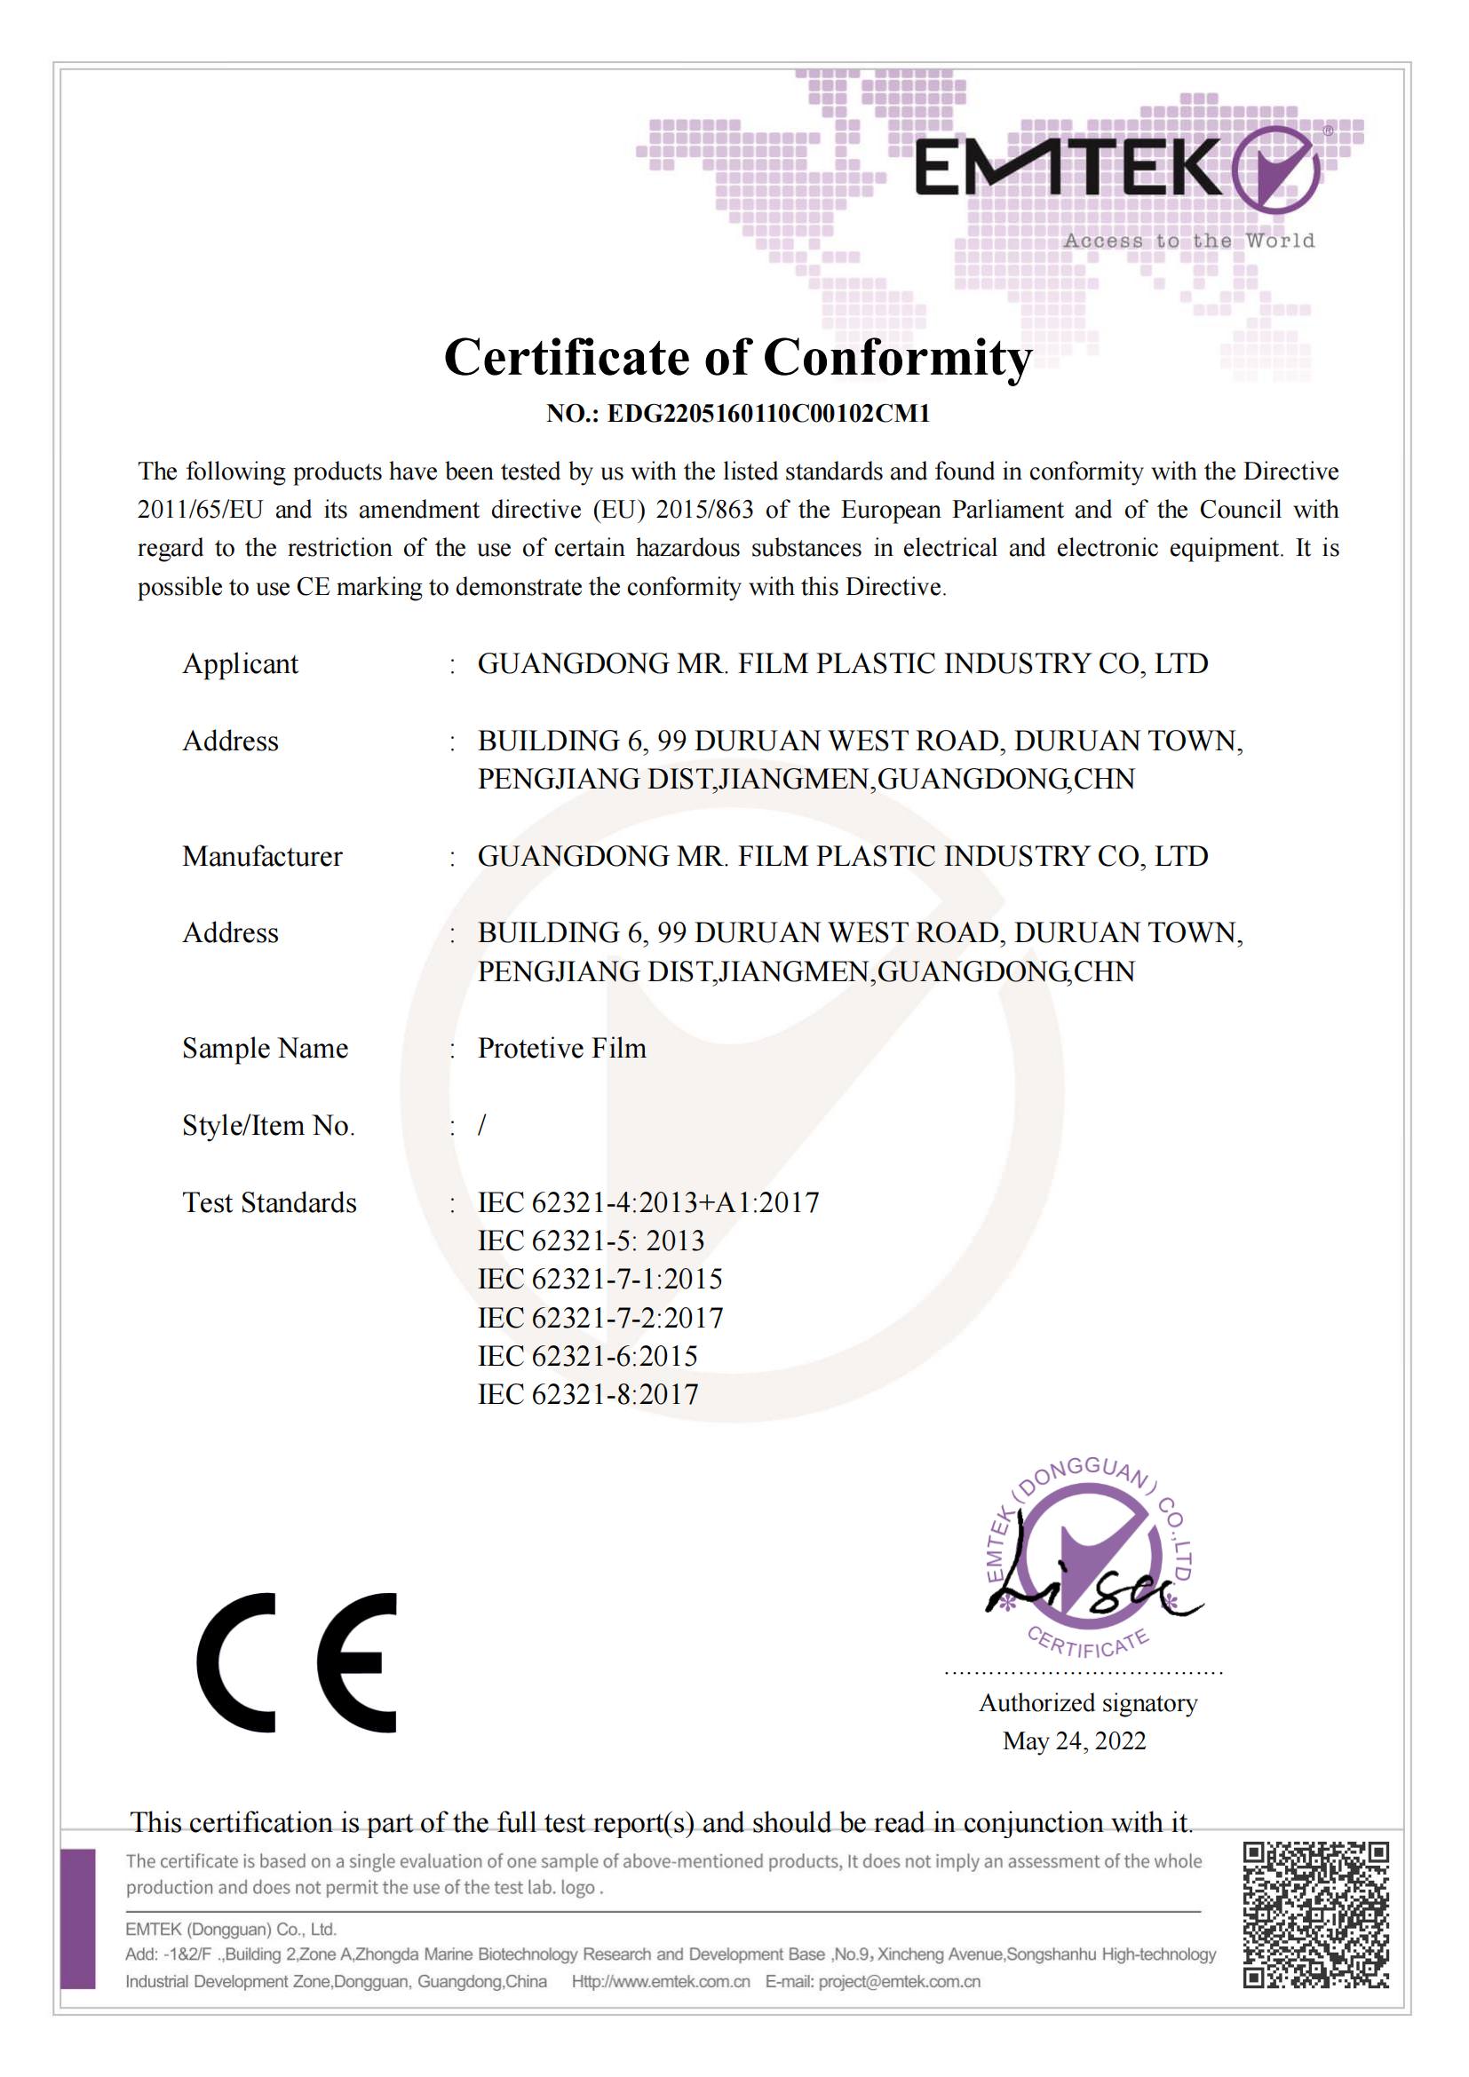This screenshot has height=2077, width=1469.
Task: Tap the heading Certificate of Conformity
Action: (x=737, y=357)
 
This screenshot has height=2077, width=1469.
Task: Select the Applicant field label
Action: (x=240, y=664)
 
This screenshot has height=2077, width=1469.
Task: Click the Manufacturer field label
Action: (x=262, y=857)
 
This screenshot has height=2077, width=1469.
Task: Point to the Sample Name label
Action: (x=265, y=1049)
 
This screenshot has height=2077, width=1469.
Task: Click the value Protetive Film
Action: (x=561, y=1049)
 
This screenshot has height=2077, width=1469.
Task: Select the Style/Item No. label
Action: (x=267, y=1125)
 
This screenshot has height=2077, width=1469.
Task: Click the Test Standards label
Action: (x=270, y=1203)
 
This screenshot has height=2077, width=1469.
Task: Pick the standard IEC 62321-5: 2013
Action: (x=591, y=1241)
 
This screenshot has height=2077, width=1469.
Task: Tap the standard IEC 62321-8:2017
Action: (x=588, y=1395)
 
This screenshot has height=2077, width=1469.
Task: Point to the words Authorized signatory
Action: (x=1088, y=1703)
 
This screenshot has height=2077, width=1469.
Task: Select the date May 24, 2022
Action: (x=1074, y=1741)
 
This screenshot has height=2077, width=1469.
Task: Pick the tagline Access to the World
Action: (x=1188, y=241)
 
